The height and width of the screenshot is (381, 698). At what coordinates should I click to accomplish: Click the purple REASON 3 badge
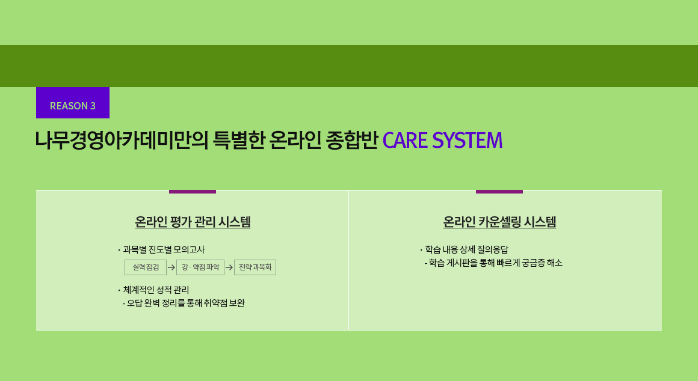point(73,103)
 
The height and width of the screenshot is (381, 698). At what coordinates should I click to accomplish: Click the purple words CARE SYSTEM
point(442,140)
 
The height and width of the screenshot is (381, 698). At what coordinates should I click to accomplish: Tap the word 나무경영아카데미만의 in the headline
point(122,140)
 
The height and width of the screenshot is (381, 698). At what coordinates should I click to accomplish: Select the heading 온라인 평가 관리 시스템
point(193,221)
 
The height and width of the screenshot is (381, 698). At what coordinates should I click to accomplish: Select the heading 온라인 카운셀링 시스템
point(499,221)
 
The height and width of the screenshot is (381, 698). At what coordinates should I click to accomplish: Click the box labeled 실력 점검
point(146,267)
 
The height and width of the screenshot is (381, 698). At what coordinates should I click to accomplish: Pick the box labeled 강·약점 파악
point(200,267)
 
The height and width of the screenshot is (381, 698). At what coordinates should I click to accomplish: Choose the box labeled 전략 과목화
point(255,267)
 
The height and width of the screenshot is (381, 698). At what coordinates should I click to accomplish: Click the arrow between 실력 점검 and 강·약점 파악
point(171,267)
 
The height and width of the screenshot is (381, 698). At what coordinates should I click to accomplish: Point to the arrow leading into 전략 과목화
point(229,267)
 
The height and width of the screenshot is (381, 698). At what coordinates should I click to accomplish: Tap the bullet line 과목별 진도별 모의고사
point(161,249)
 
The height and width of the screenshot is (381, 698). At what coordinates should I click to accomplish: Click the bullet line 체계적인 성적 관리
point(153,290)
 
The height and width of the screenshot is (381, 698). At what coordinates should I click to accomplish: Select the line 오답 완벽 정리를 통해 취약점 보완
point(184,303)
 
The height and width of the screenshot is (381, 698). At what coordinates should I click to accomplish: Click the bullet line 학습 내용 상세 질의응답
point(464,249)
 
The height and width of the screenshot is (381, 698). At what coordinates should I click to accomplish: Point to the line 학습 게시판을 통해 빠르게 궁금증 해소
point(493,263)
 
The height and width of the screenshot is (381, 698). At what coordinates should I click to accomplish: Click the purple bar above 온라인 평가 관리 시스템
point(193,192)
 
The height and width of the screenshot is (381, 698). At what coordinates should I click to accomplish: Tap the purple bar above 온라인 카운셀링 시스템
point(499,192)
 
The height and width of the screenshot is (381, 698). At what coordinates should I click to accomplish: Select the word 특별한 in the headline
point(239,140)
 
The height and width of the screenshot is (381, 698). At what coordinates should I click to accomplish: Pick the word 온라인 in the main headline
point(295,140)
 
